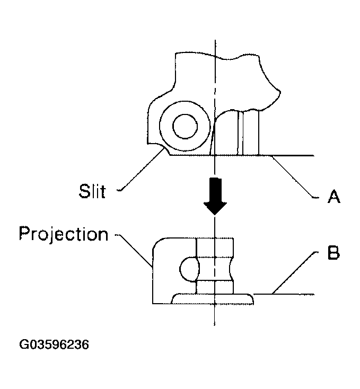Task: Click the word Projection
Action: coord(63,233)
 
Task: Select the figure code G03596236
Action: coord(54,344)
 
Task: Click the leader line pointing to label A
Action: coord(294,178)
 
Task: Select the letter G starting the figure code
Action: coord(24,344)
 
